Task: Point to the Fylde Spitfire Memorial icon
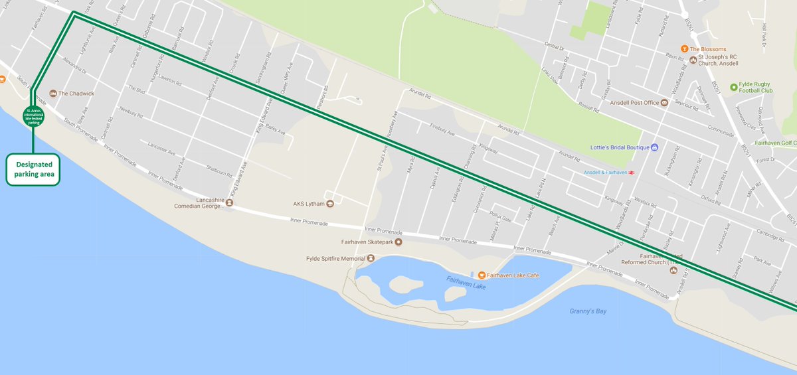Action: pyautogui.click(x=371, y=258)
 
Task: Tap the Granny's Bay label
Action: pyautogui.click(x=588, y=311)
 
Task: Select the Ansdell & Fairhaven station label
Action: pyautogui.click(x=605, y=173)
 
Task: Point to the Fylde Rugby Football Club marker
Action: pyautogui.click(x=733, y=87)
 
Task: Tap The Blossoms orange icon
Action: pyautogui.click(x=684, y=49)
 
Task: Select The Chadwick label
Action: pyautogui.click(x=76, y=94)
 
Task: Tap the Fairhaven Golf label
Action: pyautogui.click(x=777, y=143)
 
